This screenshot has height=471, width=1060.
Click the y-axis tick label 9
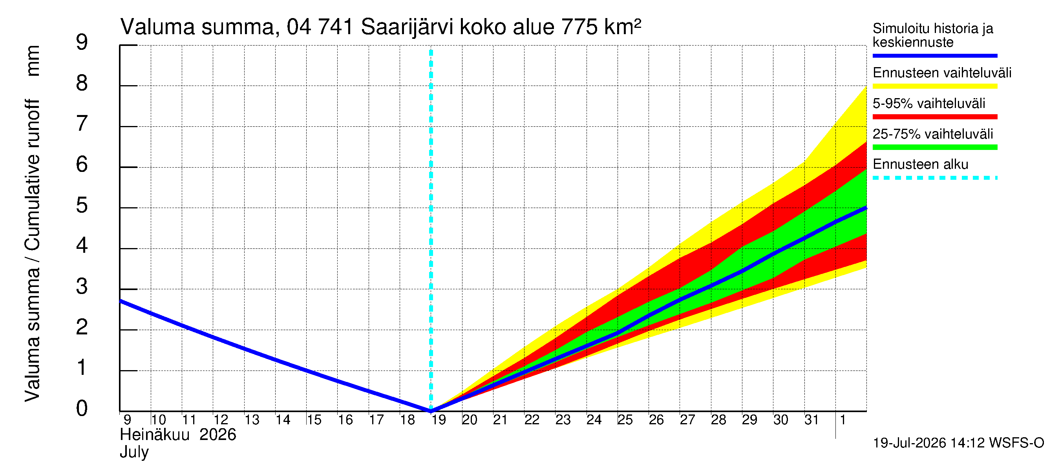tap(82, 42)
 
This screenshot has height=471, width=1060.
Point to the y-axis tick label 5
tap(82, 205)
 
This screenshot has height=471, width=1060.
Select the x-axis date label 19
tap(439, 420)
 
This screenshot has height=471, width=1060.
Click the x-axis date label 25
tap(625, 420)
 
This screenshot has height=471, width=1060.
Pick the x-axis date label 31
tap(811, 420)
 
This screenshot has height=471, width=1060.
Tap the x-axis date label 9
tap(127, 420)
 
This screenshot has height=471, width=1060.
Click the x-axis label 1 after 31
tap(843, 420)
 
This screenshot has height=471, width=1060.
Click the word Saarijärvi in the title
tap(408, 27)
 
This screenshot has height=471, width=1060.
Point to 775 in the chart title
tap(579, 27)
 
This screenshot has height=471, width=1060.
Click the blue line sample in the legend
tap(935, 55)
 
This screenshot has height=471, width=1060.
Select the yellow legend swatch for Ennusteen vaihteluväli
tap(935, 86)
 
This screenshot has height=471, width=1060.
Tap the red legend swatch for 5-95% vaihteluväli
tap(935, 117)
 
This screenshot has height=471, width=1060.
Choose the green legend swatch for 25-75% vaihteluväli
tap(935, 147)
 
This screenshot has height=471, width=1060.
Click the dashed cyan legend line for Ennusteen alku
tap(935, 178)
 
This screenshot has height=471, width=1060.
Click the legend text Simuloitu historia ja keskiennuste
tap(933, 35)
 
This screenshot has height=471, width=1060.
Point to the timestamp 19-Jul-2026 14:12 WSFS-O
tap(958, 443)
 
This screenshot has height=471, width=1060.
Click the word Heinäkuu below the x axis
tap(155, 435)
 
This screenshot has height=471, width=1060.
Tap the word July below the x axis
tap(134, 453)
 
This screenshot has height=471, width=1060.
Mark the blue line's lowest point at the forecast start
tap(431, 411)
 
